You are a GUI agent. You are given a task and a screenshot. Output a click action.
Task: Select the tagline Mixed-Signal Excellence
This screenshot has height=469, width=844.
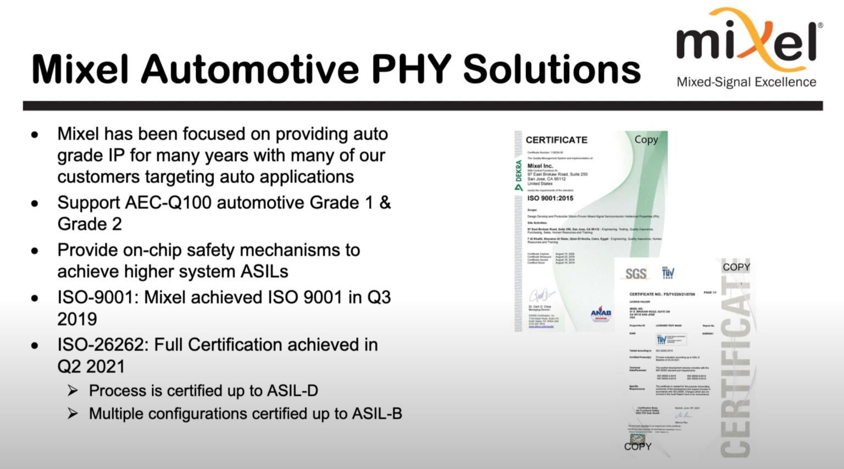[x=746, y=82]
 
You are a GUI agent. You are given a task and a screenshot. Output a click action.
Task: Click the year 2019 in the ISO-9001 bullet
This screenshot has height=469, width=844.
[x=77, y=319]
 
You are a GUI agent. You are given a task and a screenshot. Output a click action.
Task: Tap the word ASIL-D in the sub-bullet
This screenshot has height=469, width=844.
[x=292, y=391]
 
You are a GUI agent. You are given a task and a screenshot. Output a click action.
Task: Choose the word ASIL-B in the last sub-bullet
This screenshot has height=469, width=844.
[x=377, y=414]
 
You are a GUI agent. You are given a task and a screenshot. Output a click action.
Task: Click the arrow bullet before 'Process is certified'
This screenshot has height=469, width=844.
[x=73, y=391]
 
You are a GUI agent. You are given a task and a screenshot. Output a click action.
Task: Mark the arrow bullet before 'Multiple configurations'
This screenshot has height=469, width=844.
[x=73, y=414]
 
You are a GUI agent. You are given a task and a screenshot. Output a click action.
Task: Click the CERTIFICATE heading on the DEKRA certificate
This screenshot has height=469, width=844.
[x=556, y=140]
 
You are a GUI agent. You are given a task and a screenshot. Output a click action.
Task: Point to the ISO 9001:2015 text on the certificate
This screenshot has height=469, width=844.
[x=550, y=198]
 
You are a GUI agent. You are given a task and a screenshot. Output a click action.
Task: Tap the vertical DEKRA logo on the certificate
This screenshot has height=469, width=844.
[x=519, y=175]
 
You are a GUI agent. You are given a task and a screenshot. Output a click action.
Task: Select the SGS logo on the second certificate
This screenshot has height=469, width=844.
[x=636, y=274]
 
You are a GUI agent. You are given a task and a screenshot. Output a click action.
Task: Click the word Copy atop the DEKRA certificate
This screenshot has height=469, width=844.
[x=646, y=140]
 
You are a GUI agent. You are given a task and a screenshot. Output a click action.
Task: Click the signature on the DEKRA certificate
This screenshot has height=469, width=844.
[x=541, y=295]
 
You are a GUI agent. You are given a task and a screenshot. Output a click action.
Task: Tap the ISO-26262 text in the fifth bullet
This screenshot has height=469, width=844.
[x=103, y=345]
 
